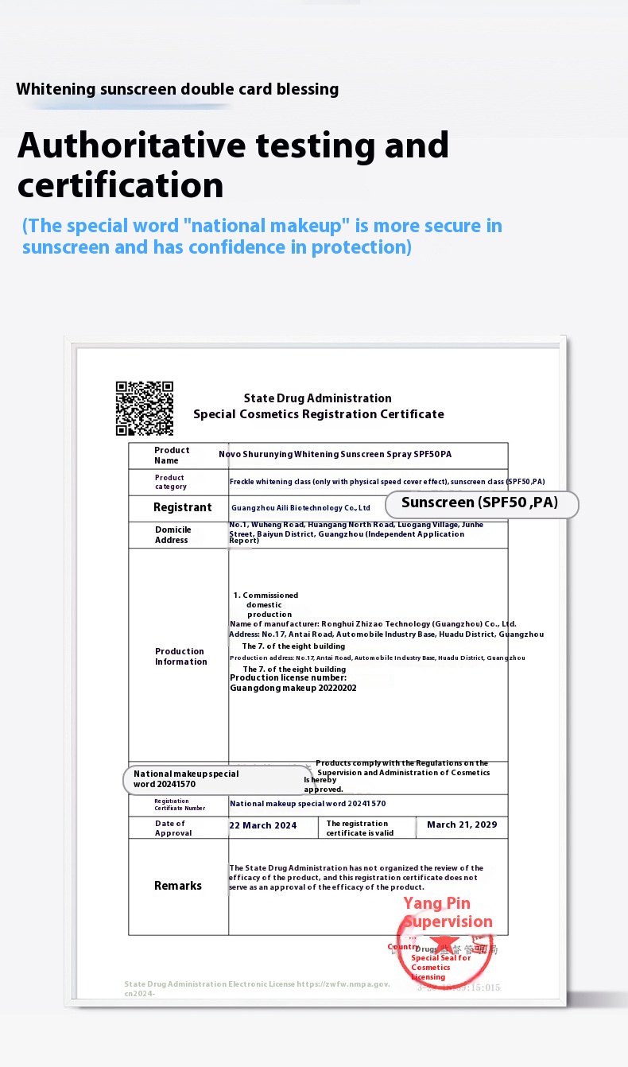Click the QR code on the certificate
click(144, 409)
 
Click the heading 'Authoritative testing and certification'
click(233, 165)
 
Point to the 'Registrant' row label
click(182, 507)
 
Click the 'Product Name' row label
click(172, 456)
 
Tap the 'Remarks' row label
click(178, 886)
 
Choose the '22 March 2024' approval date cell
click(263, 825)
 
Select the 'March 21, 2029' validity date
click(462, 824)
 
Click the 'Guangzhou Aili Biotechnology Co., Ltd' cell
click(300, 507)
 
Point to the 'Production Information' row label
click(180, 657)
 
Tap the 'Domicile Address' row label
click(173, 535)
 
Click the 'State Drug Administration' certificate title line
click(317, 398)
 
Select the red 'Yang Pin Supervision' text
click(447, 913)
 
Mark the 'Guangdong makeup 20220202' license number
click(293, 689)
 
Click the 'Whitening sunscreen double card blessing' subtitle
click(177, 89)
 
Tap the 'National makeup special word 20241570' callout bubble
click(216, 779)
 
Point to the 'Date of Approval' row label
click(173, 828)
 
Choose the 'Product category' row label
click(171, 482)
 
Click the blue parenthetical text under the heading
click(262, 236)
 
